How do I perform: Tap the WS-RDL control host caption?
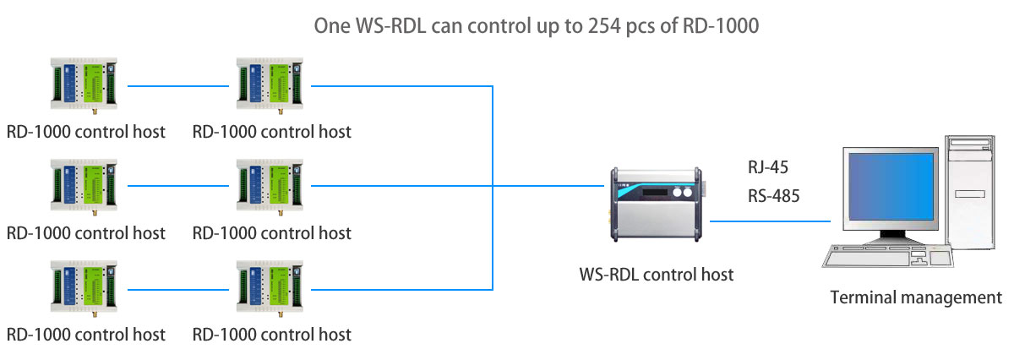coord(657,274)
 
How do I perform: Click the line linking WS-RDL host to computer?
coord(770,221)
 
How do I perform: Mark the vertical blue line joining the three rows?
coord(493,186)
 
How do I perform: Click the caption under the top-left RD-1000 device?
coord(85,132)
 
